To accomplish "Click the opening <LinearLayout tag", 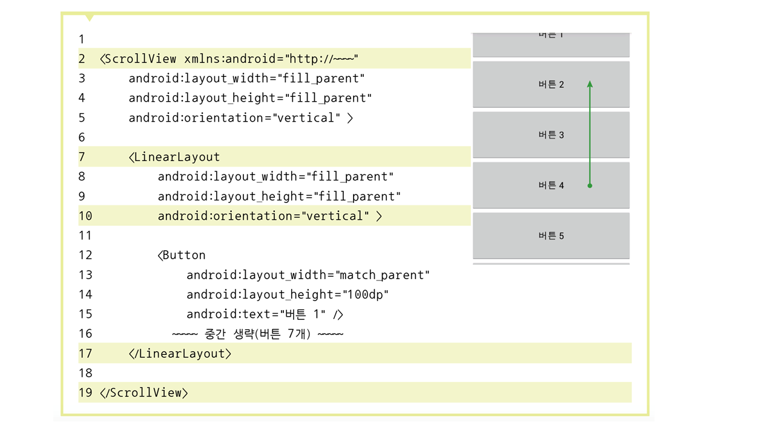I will pos(174,157).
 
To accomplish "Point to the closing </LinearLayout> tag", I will pos(180,353).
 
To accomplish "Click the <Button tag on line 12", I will pos(182,255).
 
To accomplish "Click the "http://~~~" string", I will pos(322,59).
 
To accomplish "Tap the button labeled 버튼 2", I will pos(551,85).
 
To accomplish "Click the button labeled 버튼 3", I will pos(551,135).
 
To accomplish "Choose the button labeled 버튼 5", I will pos(551,236).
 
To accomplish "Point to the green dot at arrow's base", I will pos(590,186).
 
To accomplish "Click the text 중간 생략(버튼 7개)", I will pos(258,334).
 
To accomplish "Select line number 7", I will pos(82,157).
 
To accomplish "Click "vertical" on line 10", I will pos(335,216).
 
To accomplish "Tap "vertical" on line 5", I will pos(307,117).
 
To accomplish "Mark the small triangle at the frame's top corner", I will pos(90,18).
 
